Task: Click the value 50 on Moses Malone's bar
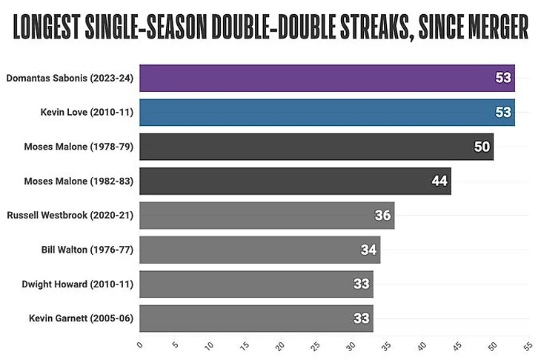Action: click(482, 147)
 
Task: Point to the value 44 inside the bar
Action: click(439, 181)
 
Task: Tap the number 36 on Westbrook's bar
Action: click(383, 216)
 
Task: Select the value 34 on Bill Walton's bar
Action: click(369, 250)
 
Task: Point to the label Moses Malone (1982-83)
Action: click(79, 181)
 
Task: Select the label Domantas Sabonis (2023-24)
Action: click(70, 78)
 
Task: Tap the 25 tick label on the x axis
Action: click(316, 346)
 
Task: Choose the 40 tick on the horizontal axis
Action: click(422, 346)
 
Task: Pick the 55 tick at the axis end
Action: click(528, 346)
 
